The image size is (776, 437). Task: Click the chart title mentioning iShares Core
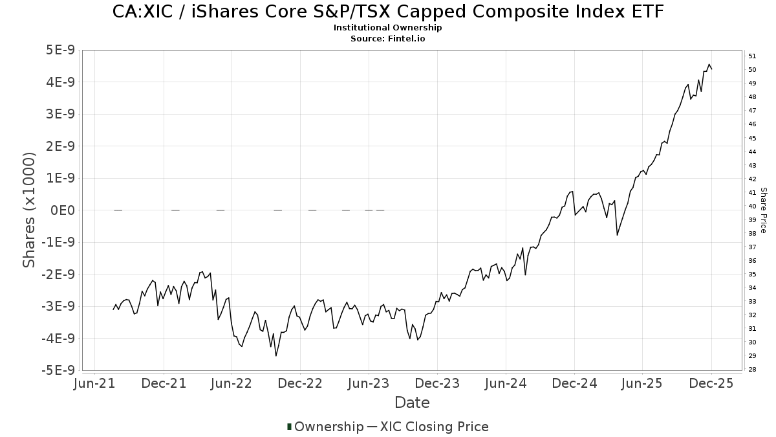[x=388, y=12]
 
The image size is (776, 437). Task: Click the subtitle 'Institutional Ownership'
[x=388, y=28]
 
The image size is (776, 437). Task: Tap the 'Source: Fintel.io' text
[x=388, y=38]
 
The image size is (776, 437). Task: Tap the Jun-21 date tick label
[x=95, y=383]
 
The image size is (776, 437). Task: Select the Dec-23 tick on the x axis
[x=437, y=383]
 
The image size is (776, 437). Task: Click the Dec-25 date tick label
[x=711, y=383]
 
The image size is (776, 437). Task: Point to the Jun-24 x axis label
[x=506, y=383]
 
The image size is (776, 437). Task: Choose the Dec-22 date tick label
[x=301, y=383]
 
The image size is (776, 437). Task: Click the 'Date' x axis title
[x=412, y=403]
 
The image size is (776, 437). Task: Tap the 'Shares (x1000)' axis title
[x=29, y=210]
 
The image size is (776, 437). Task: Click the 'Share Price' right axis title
[x=763, y=210]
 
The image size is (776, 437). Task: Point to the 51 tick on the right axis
[x=752, y=56]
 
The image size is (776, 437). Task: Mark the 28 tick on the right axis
[x=752, y=370]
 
